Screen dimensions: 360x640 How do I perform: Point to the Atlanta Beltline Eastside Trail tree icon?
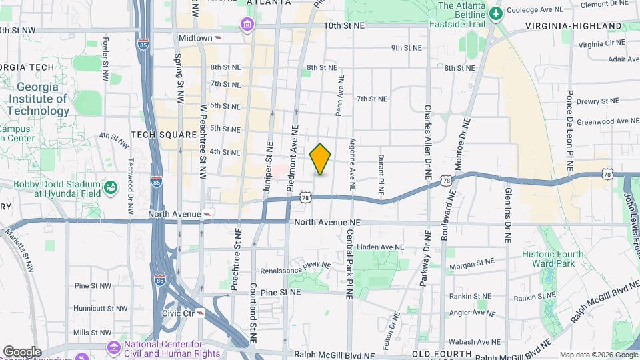pos(495,13)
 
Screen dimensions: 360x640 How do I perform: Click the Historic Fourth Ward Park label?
pos(553,259)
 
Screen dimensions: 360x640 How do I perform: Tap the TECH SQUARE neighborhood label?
pos(164,134)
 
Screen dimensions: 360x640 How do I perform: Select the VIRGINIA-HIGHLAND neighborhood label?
pos(573,26)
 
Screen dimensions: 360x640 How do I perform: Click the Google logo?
pos(22,351)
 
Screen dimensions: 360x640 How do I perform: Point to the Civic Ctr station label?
pos(178,313)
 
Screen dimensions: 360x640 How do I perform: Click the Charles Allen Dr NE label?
pos(427,142)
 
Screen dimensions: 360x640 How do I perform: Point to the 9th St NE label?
pos(407,48)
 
